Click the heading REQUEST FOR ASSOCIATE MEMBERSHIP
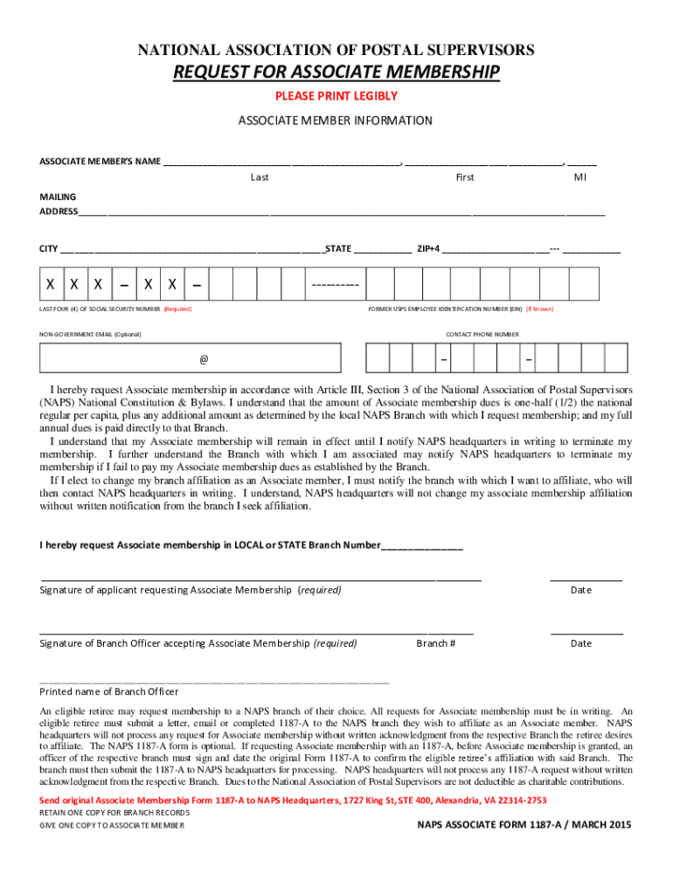click(336, 72)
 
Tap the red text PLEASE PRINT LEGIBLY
click(336, 96)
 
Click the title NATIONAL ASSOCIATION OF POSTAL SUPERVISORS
click(336, 50)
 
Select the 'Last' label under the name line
click(260, 177)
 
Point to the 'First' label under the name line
click(465, 177)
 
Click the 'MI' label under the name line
click(579, 177)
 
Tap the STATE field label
click(338, 249)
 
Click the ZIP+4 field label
click(428, 249)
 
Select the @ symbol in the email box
click(204, 359)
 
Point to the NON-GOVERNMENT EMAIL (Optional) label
click(90, 335)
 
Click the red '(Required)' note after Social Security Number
click(177, 309)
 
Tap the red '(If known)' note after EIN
click(539, 309)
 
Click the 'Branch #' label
click(435, 643)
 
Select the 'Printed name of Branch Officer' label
click(109, 691)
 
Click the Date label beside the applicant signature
click(581, 590)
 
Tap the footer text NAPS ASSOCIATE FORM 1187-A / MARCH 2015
click(524, 825)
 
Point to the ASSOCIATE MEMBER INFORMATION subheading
click(336, 121)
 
